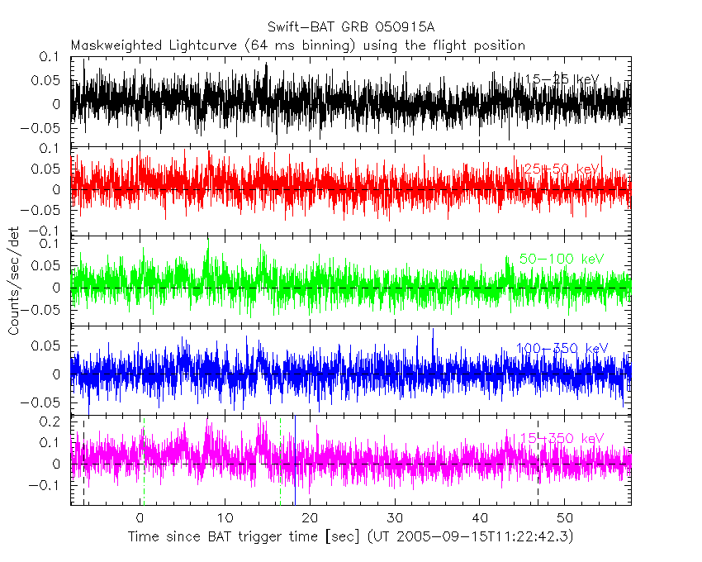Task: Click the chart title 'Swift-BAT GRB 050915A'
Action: point(350,27)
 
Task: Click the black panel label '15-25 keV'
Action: point(562,79)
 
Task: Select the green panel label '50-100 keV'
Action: point(562,259)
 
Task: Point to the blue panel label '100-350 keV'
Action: point(562,348)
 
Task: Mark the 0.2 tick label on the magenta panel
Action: point(51,421)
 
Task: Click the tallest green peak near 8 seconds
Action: point(208,240)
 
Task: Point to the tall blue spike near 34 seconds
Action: point(432,331)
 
